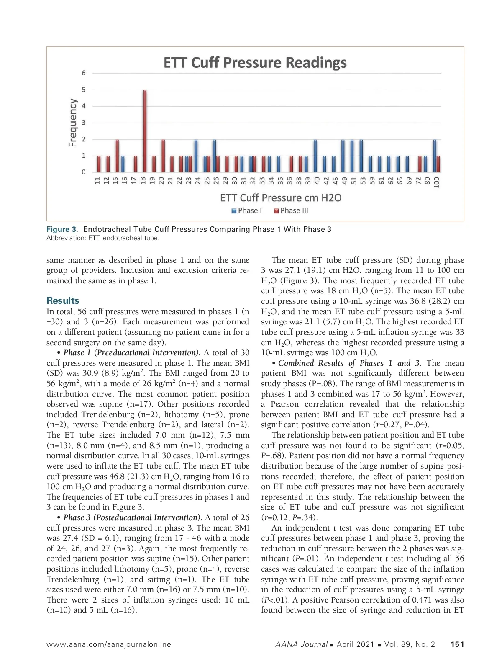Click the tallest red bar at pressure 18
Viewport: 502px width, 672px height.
145,131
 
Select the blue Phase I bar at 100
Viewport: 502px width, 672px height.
435,156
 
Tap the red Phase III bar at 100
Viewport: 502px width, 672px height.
438,164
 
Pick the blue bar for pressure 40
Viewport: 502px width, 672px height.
315,156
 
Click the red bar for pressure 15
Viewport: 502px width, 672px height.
117,156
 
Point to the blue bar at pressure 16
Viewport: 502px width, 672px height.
123,164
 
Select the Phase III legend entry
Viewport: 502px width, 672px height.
291,211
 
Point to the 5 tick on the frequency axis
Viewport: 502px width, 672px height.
84,90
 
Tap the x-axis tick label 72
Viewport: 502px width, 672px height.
418,181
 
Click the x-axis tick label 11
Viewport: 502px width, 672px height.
97,181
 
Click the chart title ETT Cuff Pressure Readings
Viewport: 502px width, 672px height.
255,63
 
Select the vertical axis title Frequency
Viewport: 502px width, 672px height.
73,123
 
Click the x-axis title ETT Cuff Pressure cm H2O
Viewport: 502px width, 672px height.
281,198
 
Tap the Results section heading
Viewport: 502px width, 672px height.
63,300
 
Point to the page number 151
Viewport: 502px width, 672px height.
457,644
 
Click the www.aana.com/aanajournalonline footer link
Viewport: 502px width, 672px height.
109,644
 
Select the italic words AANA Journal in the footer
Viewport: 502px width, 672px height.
301,644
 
